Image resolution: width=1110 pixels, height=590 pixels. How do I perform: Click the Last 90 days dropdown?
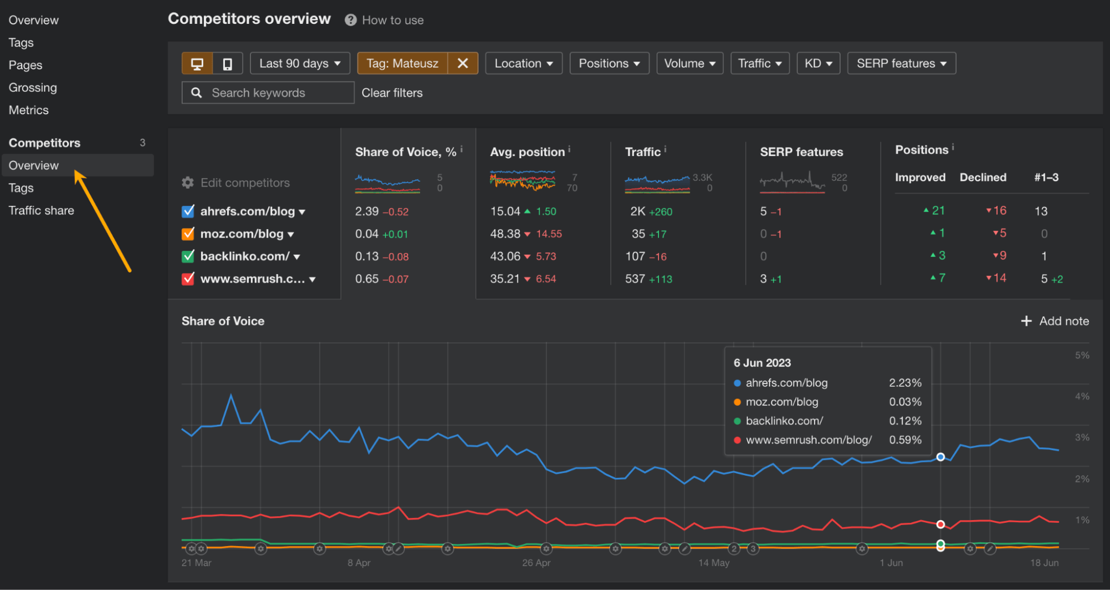[300, 63]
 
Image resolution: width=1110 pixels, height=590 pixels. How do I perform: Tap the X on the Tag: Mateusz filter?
[463, 63]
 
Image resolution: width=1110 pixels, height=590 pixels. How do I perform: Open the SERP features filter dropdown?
[901, 63]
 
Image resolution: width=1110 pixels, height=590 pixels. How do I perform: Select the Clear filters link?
[392, 93]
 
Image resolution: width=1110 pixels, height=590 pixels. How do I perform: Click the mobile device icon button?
[228, 64]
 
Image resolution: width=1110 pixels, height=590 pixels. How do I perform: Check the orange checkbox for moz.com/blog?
[188, 234]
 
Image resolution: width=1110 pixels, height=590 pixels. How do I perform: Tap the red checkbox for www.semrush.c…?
[188, 279]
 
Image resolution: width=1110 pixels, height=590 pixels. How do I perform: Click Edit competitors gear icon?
[188, 183]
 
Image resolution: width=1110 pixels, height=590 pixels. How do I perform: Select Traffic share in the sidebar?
[41, 210]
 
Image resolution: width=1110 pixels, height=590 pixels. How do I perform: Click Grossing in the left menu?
[33, 88]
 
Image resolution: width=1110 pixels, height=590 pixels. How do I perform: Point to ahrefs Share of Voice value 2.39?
[366, 211]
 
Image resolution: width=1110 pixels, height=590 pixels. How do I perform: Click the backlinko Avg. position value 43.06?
[505, 256]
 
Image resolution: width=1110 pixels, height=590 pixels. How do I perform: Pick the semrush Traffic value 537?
[635, 279]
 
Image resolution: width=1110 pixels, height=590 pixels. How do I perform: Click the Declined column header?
[983, 178]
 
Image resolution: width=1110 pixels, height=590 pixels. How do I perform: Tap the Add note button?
[1055, 321]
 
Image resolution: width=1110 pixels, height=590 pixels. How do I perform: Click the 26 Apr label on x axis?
[536, 563]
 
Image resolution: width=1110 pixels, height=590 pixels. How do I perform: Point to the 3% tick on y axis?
[1082, 437]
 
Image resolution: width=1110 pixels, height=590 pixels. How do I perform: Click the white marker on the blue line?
[940, 457]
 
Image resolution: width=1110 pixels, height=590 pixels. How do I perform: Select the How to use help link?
[392, 21]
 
